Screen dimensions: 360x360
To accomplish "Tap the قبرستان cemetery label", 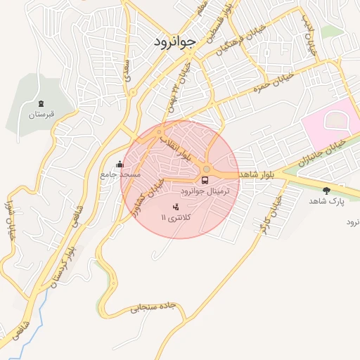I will pos(41,113).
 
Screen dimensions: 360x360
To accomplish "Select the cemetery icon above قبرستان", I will pos(41,103).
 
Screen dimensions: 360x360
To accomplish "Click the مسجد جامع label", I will pos(120,174).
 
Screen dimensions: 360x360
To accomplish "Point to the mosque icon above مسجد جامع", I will pos(118,165).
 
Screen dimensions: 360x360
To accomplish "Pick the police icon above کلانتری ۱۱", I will pos(176,207).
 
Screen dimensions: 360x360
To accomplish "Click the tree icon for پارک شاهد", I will pos(326,190).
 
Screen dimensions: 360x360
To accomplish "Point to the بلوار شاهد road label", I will pos(259,173).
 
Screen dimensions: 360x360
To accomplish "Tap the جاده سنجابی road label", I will pos(151,307).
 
